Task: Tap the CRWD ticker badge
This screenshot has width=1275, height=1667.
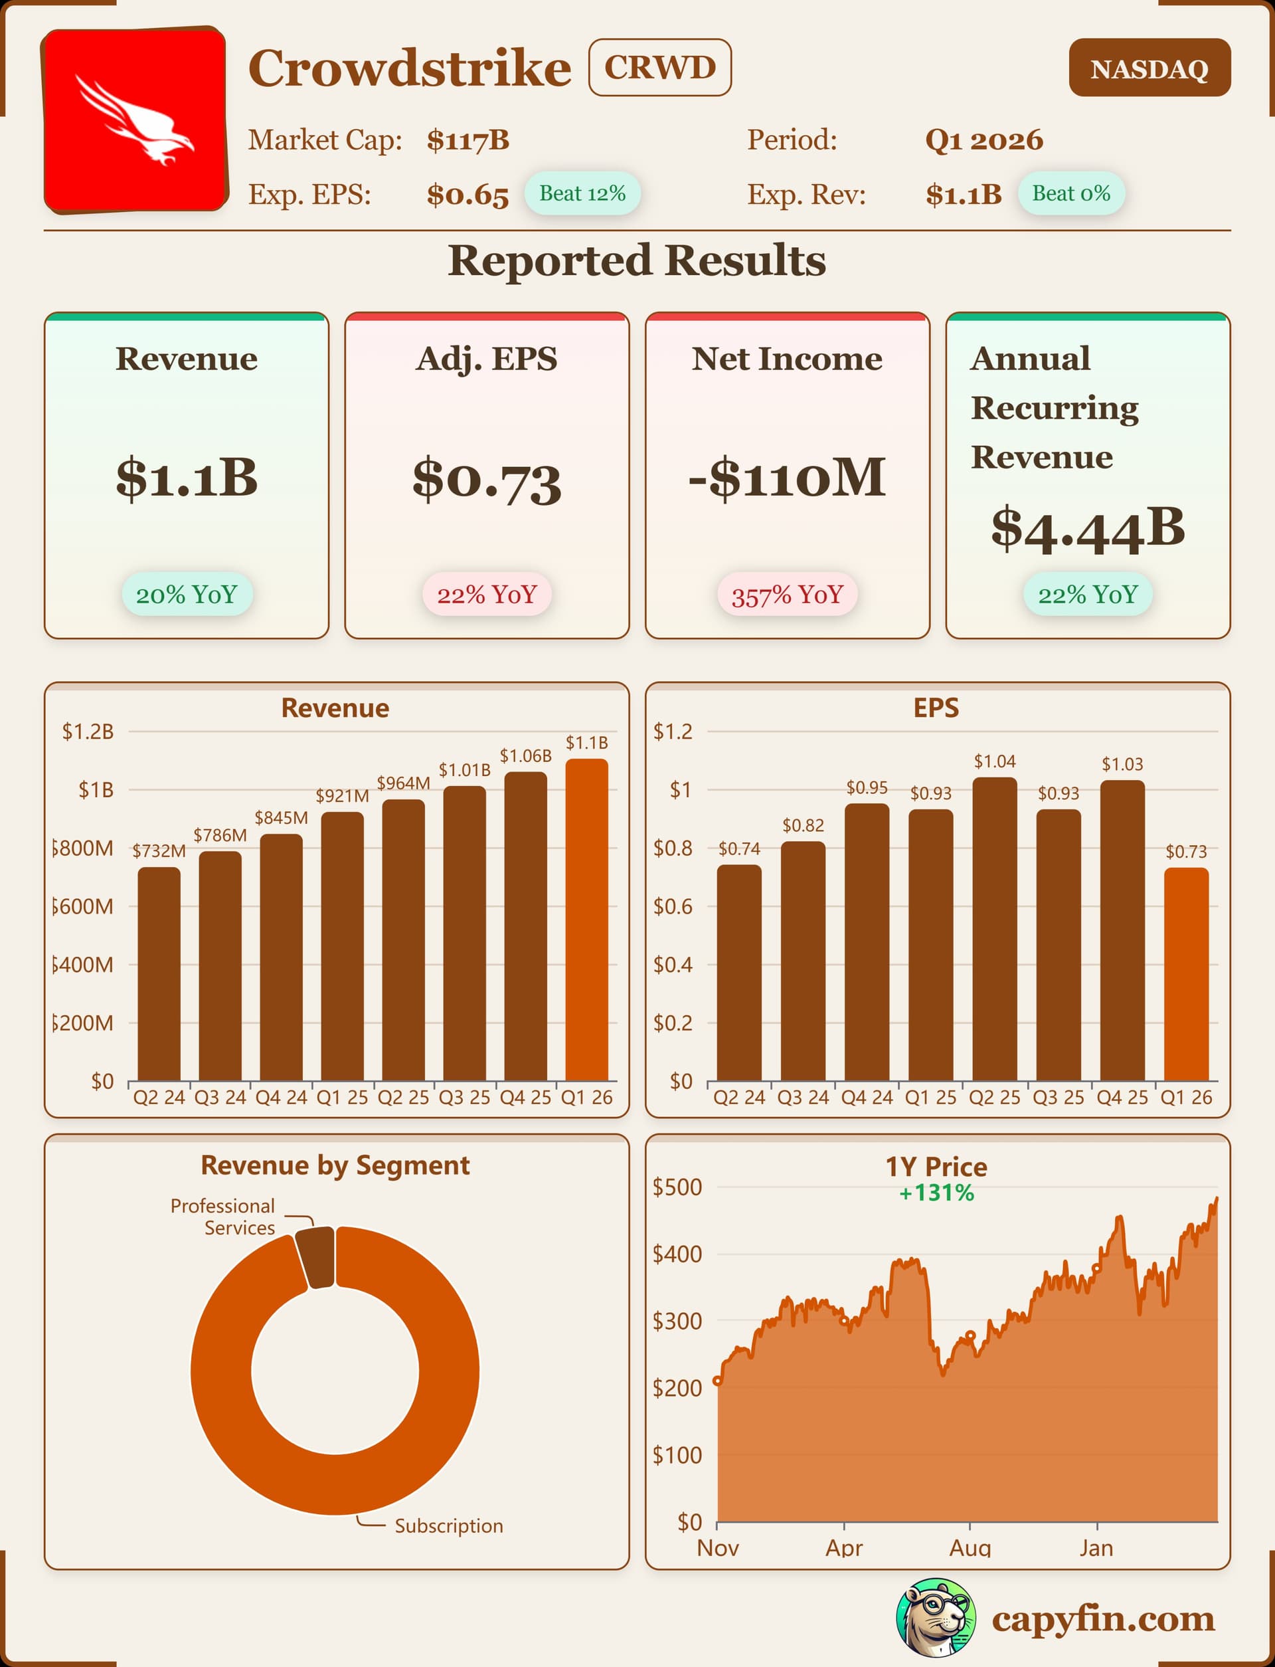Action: point(659,68)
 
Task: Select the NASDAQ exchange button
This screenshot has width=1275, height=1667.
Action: point(1149,68)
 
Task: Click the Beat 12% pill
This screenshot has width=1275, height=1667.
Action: point(582,193)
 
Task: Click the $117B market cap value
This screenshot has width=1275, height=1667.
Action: point(467,140)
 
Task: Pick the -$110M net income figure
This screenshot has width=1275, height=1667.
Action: point(787,478)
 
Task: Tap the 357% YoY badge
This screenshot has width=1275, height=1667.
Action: point(787,595)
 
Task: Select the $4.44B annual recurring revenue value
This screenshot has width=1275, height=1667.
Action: point(1088,528)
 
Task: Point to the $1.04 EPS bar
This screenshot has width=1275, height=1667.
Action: point(994,928)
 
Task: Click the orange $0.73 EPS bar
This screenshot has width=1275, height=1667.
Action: point(1185,974)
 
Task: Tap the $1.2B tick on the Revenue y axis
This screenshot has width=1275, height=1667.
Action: point(88,732)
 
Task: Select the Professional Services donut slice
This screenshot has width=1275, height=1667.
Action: point(315,1256)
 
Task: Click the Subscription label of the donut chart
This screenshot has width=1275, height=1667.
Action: point(448,1525)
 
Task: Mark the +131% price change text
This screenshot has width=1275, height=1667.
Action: point(936,1193)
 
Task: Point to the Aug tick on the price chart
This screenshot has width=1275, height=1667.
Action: point(970,1546)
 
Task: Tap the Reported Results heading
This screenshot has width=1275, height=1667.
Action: point(637,260)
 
